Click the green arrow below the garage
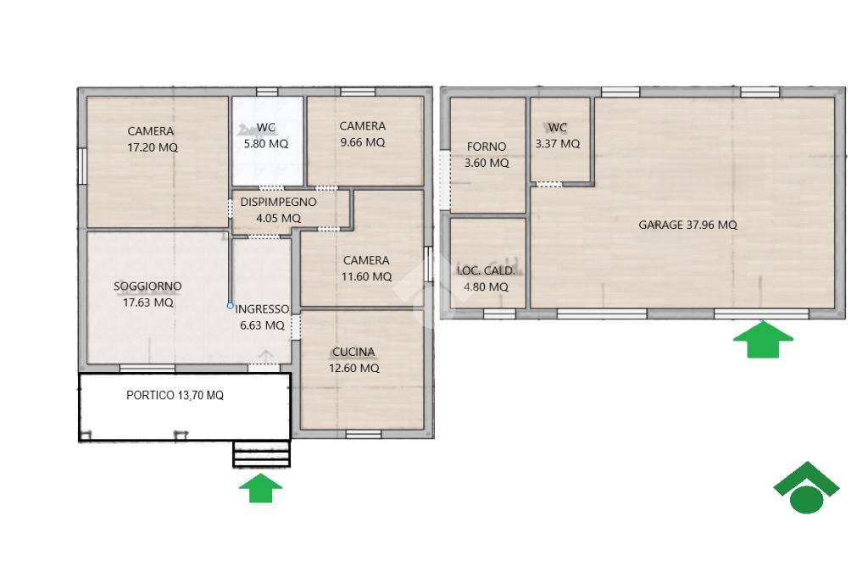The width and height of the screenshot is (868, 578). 763,339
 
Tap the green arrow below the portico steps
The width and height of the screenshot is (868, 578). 261,488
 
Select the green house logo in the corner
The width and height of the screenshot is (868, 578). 806,487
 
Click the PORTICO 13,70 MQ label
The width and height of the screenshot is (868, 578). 175,395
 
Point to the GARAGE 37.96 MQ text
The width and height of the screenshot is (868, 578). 687,225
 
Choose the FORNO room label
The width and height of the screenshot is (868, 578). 487,147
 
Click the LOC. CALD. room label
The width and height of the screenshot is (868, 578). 486,270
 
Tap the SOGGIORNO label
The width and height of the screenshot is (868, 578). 147,286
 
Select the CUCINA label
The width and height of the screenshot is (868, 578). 353,352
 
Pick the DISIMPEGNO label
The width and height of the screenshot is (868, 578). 278,202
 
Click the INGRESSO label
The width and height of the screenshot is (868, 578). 263,309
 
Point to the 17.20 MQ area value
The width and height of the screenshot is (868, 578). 153,147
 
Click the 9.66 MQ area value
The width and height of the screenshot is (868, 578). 363,142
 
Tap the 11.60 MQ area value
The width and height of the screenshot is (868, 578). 366,276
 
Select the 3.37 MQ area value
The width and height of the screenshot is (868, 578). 558,144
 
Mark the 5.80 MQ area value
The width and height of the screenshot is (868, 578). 266,144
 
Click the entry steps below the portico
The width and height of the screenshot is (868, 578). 261,454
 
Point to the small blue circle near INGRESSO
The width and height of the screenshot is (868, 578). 231,305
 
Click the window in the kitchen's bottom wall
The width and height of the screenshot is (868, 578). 364,434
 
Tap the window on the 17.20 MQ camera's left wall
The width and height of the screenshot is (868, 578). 81,165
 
